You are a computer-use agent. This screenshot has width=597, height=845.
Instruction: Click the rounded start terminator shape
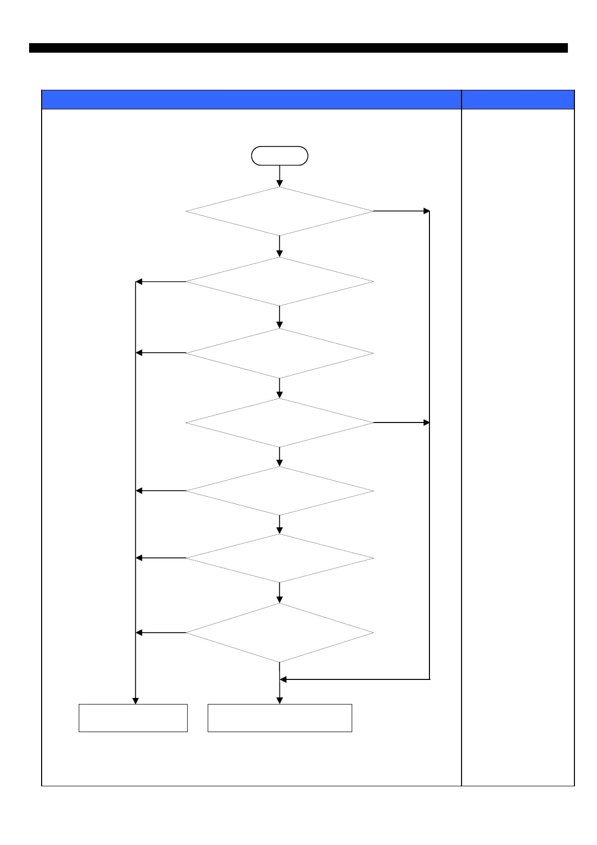[279, 156]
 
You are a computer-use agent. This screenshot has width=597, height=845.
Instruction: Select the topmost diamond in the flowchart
[279, 211]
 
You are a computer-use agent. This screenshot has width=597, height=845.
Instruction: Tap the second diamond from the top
[279, 281]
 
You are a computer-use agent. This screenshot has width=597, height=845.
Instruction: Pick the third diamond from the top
[279, 353]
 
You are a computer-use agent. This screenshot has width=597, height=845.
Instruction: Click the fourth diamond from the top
[279, 422]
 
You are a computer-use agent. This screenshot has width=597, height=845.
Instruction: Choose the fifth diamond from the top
[279, 491]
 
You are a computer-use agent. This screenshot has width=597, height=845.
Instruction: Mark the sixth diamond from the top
[279, 558]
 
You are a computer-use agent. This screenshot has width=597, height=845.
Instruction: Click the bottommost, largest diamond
[279, 633]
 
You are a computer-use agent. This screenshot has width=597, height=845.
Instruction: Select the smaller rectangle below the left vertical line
[133, 718]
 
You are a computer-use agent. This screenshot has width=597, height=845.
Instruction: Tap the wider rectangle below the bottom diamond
[279, 718]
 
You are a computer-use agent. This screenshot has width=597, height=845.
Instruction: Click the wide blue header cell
[251, 99]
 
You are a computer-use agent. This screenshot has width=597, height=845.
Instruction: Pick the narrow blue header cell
[518, 99]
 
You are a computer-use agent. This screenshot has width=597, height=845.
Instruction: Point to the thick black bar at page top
[298, 48]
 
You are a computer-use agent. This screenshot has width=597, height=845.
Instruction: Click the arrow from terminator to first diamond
[279, 176]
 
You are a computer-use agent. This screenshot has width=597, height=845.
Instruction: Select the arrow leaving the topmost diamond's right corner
[401, 211]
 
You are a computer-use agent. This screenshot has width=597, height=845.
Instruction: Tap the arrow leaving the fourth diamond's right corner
[401, 422]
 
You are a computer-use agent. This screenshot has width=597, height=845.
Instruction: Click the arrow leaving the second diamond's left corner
[161, 281]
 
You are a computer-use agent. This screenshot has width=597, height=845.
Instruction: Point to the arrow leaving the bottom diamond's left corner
[161, 633]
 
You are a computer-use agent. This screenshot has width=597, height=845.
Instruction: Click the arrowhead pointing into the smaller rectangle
[135, 700]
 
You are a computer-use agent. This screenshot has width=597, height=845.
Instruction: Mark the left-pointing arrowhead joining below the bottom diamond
[283, 679]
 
